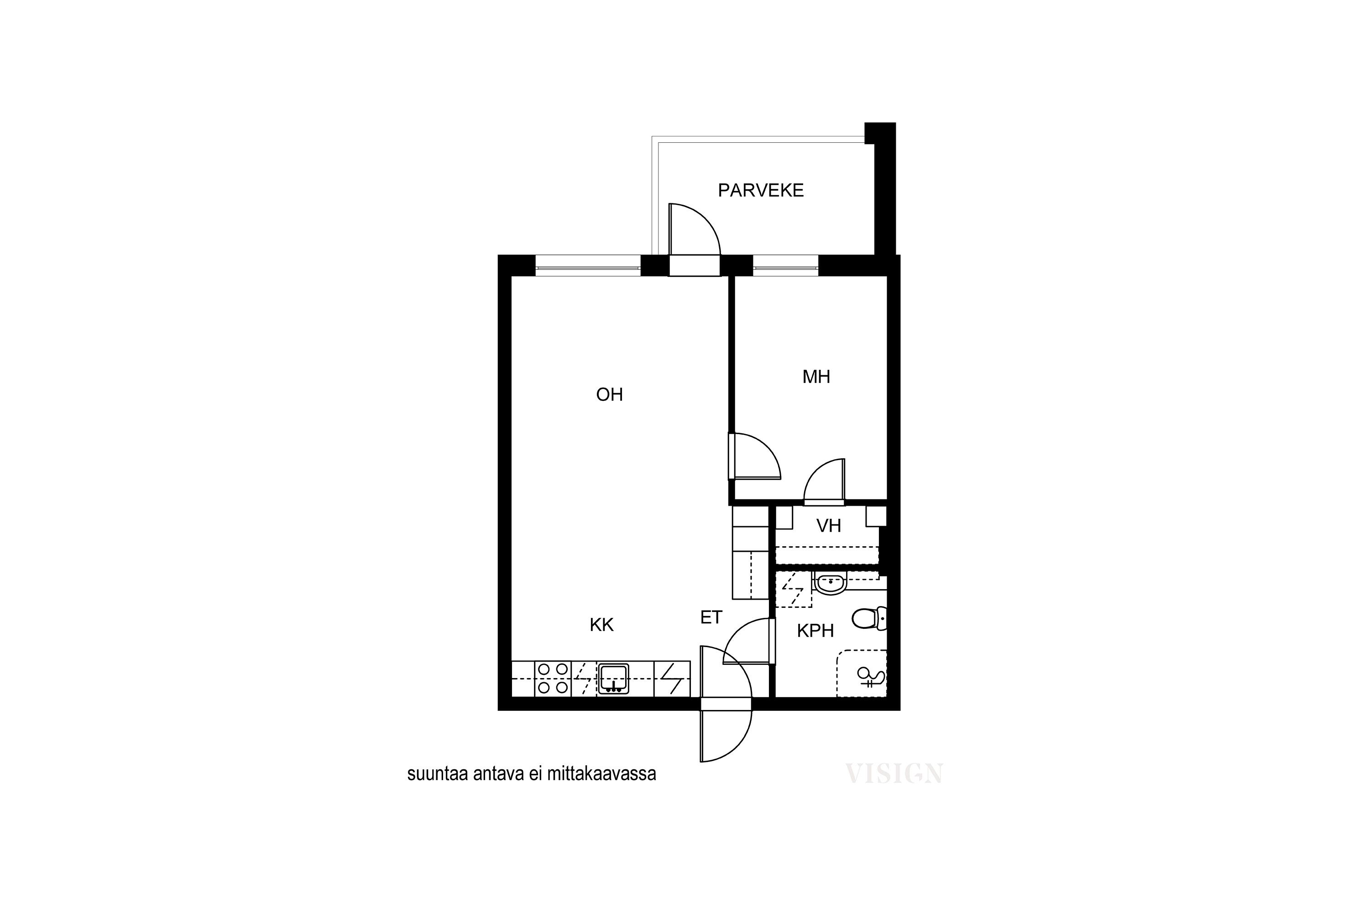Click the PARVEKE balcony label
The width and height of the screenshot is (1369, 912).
coord(761,190)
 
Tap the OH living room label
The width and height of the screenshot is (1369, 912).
coord(609,395)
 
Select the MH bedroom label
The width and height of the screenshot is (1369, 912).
coord(816,377)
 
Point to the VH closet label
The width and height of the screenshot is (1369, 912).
coord(828,526)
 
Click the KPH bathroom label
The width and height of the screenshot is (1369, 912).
coord(815,631)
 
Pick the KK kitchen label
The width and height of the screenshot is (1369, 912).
coord(601,625)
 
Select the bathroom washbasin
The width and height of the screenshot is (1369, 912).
coord(830,583)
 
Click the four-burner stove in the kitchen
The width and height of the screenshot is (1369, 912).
coord(553,678)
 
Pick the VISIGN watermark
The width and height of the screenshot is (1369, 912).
coord(894,773)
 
